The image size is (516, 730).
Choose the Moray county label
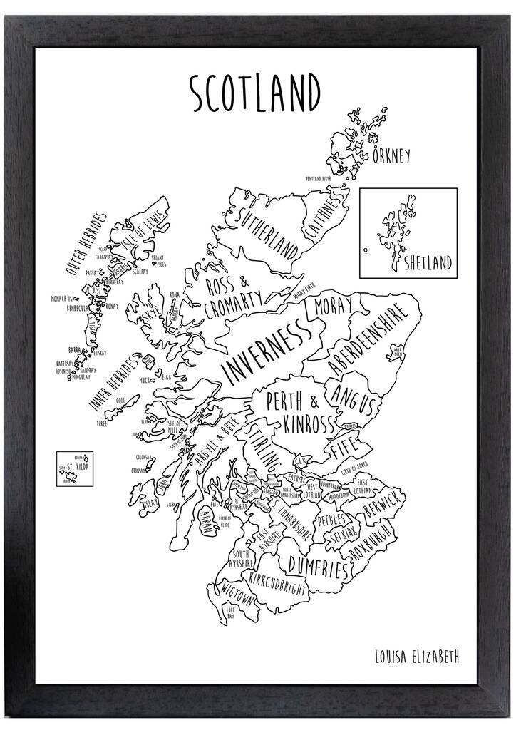tap(329, 309)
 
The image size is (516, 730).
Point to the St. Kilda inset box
tap(77, 468)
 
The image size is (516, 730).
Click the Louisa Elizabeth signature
tap(416, 656)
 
